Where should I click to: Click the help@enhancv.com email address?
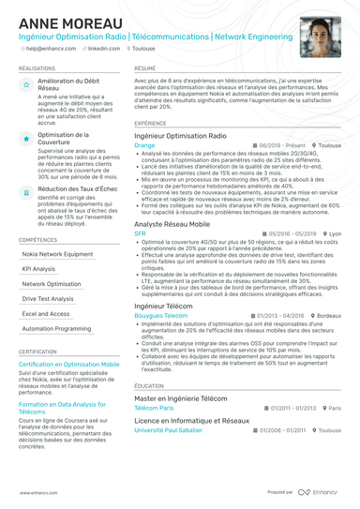tap(52, 47)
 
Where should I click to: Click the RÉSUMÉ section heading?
tap(145, 68)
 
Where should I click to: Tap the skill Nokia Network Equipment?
tap(57, 253)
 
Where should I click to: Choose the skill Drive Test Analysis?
tap(48, 298)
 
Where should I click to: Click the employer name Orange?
tap(144, 146)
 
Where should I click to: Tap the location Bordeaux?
tap(328, 316)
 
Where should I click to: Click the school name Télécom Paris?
tap(154, 408)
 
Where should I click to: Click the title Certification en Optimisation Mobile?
tap(68, 363)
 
